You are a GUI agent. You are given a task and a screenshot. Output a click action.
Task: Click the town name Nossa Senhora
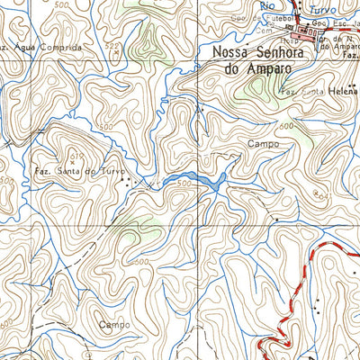click(x=255, y=53)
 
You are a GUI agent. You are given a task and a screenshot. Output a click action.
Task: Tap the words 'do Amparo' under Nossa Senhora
click(x=256, y=68)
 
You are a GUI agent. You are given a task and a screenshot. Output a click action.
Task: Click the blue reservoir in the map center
click(x=208, y=181)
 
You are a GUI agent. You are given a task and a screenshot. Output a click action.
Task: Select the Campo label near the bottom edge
click(x=115, y=323)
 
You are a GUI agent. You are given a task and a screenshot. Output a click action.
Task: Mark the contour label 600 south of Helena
click(x=287, y=127)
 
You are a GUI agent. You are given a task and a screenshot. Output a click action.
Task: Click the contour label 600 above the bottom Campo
click(x=140, y=262)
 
